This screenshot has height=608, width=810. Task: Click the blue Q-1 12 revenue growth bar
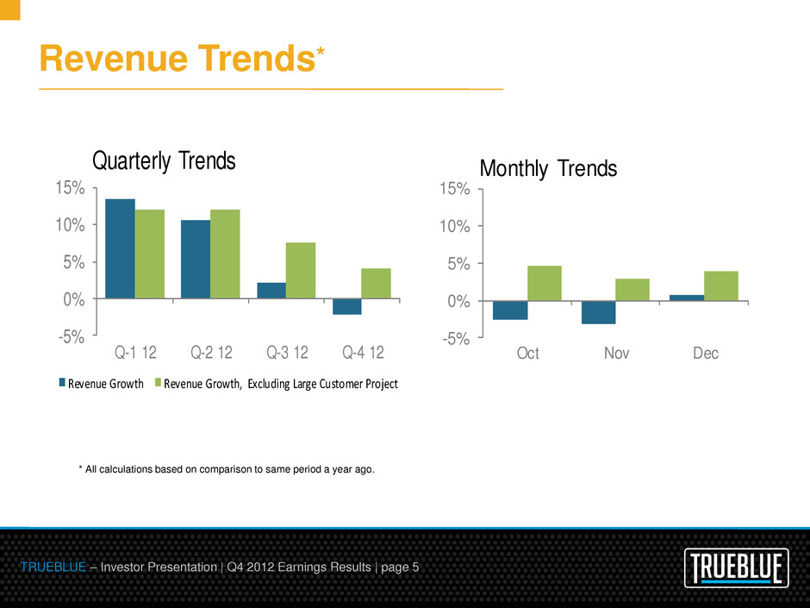[120, 248]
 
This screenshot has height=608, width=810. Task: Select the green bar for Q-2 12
[225, 254]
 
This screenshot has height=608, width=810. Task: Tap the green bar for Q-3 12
[301, 270]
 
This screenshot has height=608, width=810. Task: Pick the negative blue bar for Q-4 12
[347, 306]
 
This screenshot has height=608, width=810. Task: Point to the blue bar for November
[598, 312]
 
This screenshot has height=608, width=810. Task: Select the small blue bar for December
[686, 298]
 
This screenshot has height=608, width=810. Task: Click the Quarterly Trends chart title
[164, 161]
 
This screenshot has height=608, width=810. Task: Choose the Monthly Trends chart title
[548, 168]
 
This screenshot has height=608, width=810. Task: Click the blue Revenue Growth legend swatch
[62, 384]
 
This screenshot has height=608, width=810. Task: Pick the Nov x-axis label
[616, 354]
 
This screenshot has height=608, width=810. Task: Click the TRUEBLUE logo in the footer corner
[738, 568]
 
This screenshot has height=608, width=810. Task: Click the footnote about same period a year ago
[227, 469]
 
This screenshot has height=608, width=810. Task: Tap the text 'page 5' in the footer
[397, 567]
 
